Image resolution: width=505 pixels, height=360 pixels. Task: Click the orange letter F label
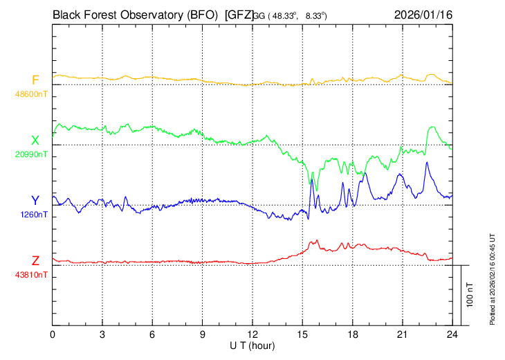click(x=35, y=80)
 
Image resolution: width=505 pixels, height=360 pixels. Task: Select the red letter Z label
click(x=35, y=261)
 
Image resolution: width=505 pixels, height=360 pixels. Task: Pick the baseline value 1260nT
click(x=34, y=215)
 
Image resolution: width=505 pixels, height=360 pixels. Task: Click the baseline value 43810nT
click(x=32, y=275)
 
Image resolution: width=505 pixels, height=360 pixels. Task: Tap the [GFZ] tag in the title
click(x=239, y=13)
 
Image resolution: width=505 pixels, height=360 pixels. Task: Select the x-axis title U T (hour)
click(x=253, y=345)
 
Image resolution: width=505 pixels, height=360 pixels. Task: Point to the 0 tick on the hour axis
click(x=53, y=334)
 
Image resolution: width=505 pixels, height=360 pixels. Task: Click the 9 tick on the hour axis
click(x=203, y=334)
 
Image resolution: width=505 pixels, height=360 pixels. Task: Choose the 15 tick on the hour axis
click(x=302, y=334)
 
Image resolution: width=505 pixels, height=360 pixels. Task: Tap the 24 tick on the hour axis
click(x=452, y=334)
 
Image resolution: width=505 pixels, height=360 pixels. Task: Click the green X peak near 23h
click(x=433, y=127)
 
